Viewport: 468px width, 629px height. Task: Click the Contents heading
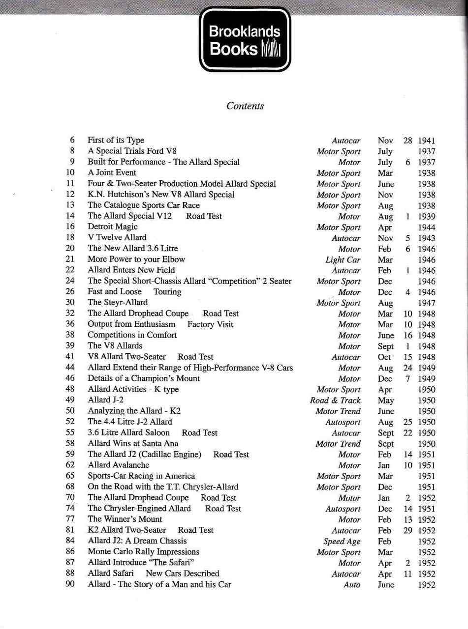tap(245, 106)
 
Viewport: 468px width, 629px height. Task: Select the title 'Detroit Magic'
tap(113, 227)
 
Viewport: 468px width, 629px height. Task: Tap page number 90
tap(70, 584)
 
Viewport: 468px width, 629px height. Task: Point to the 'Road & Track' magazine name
tap(335, 400)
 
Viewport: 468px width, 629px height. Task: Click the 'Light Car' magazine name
tap(343, 259)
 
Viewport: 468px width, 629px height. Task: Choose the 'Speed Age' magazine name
tap(342, 541)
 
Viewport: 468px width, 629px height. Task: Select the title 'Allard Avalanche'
tap(119, 465)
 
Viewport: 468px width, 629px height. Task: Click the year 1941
tap(426, 141)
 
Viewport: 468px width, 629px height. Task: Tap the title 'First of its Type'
tap(116, 140)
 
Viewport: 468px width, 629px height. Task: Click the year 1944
tap(426, 227)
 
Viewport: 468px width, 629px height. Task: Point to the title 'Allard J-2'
tap(106, 400)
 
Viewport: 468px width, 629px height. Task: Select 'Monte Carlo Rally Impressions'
tap(144, 552)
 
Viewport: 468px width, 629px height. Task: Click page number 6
tap(72, 140)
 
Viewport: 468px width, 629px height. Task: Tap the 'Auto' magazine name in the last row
tap(352, 585)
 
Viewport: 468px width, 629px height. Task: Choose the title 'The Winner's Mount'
tap(125, 519)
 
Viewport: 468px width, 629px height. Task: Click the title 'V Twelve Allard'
tap(117, 237)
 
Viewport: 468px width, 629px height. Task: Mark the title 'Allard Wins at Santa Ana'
tap(133, 443)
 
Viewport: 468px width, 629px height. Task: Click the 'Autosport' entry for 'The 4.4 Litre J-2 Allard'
tap(343, 422)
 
